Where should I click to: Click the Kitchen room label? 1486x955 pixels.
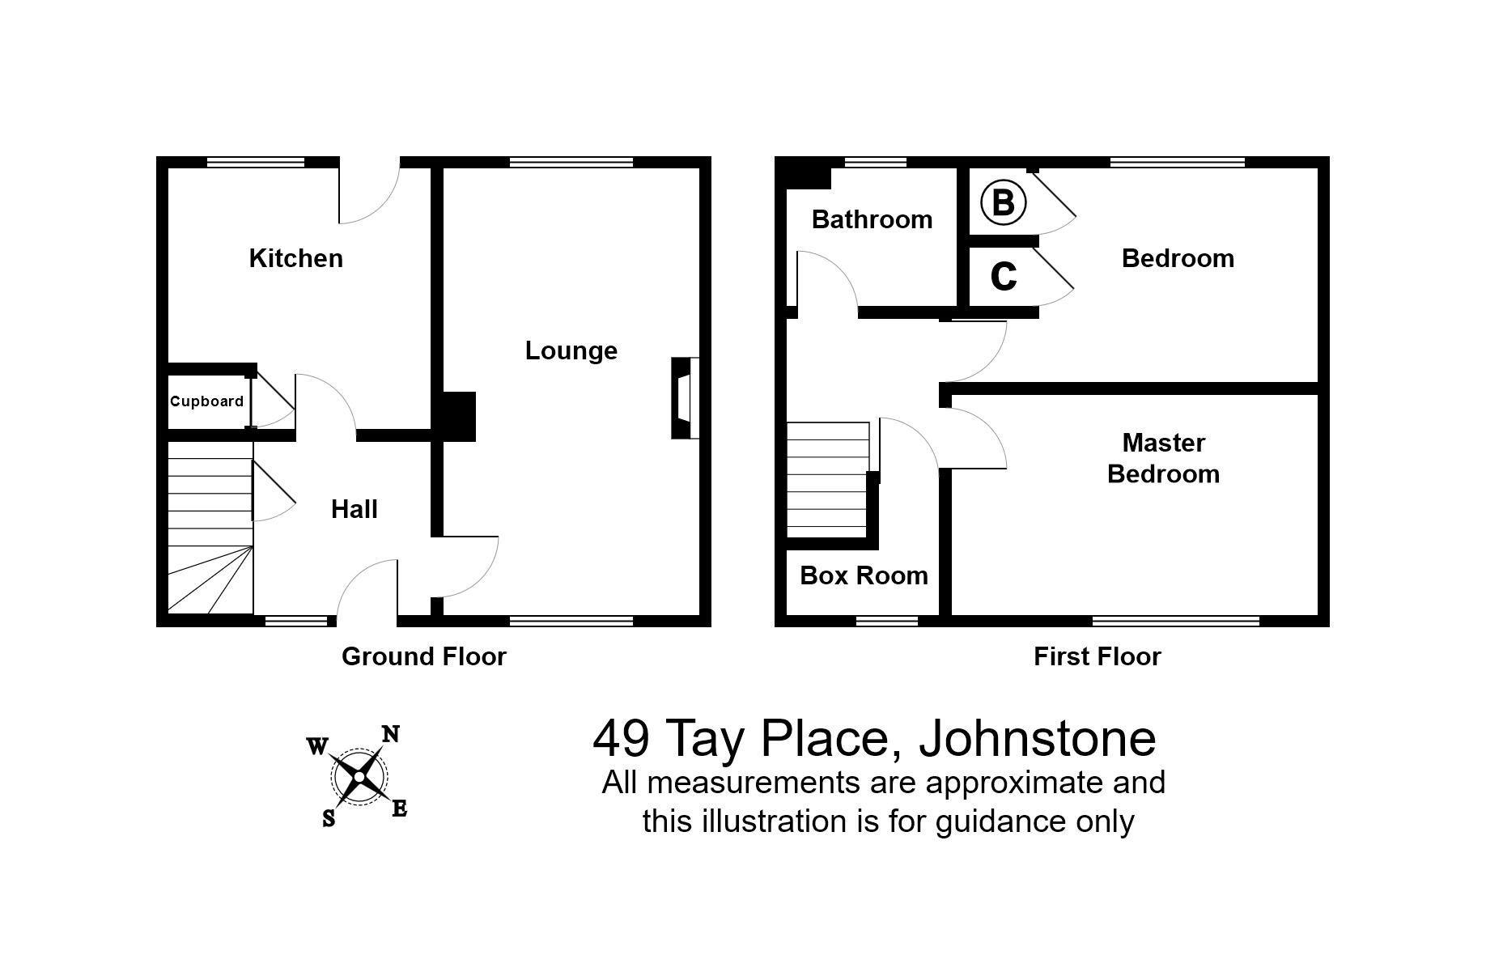click(295, 258)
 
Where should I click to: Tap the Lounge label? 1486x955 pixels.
click(571, 350)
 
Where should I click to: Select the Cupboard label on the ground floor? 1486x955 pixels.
click(206, 401)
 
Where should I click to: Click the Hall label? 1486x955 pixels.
click(355, 509)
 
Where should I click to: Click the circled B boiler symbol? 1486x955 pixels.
click(1003, 202)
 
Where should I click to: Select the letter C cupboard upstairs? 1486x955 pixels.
click(1003, 277)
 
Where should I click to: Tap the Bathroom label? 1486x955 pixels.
click(872, 219)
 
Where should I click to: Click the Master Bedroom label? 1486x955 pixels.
click(1163, 458)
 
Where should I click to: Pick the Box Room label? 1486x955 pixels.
click(864, 575)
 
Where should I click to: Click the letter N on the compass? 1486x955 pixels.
click(391, 734)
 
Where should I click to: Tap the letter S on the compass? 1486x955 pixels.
click(329, 819)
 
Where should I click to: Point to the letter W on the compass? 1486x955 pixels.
click(316, 745)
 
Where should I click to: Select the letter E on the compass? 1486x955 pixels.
click(399, 809)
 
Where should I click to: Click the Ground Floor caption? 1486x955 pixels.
click(423, 656)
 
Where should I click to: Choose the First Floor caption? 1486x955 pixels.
click(1097, 656)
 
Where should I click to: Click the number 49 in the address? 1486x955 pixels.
click(621, 737)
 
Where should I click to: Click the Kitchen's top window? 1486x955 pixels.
click(255, 162)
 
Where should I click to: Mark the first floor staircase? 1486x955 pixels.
click(828, 477)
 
